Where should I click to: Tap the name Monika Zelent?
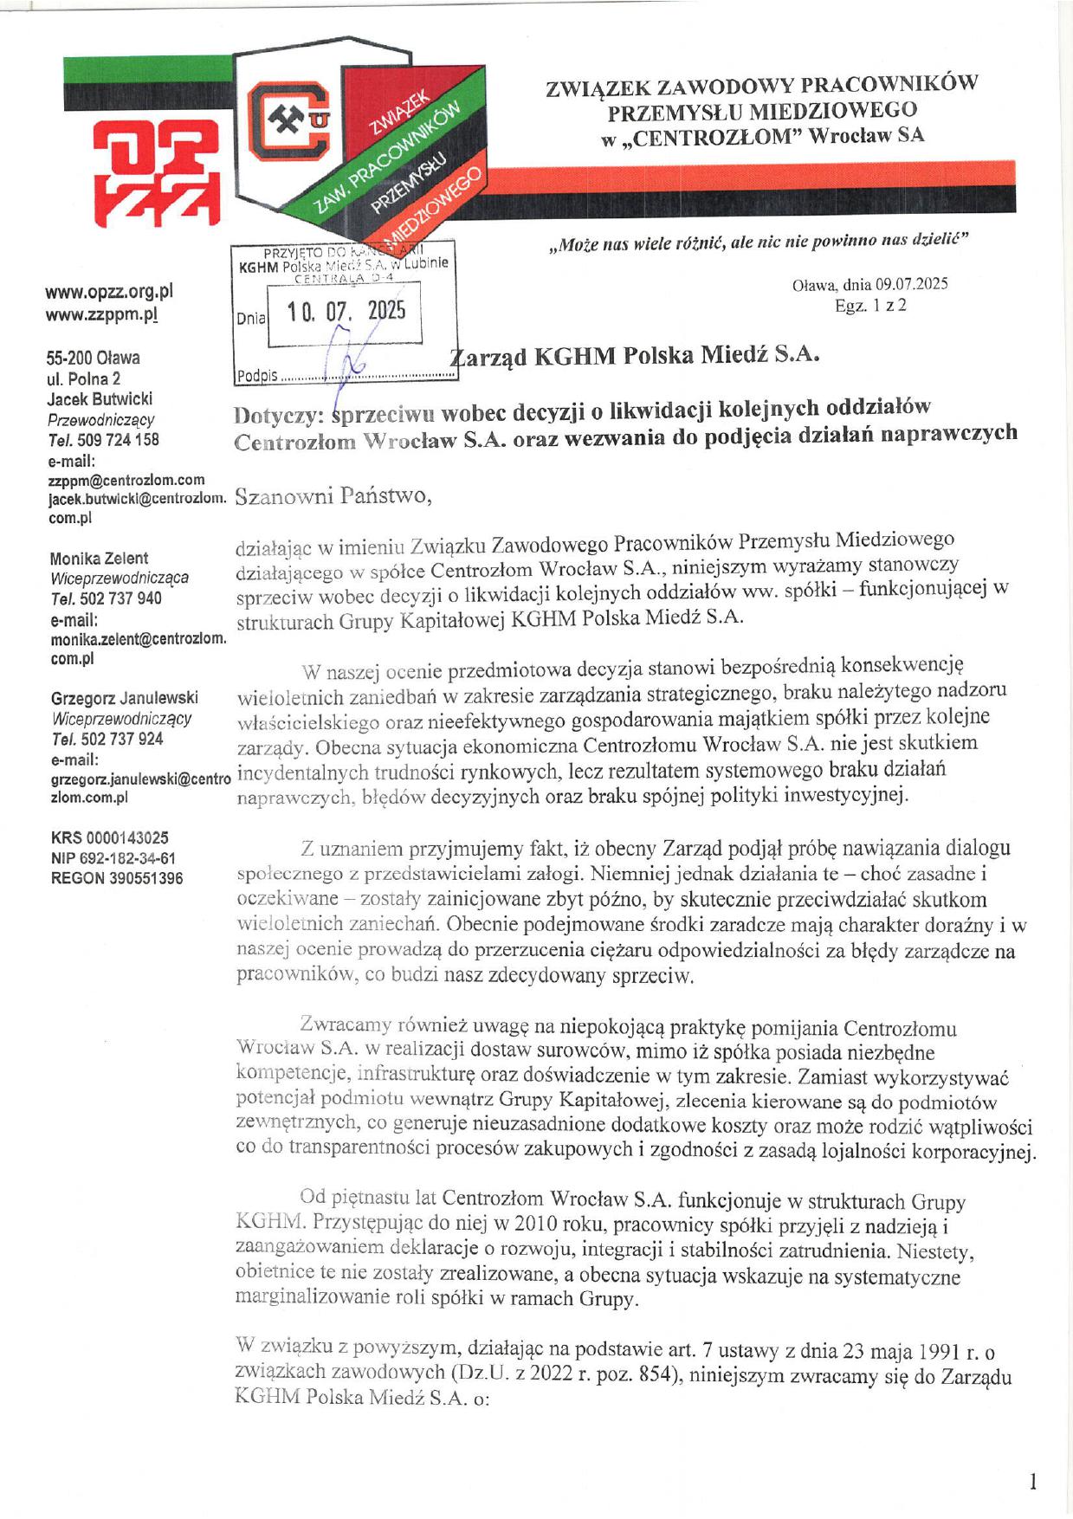pos(99,559)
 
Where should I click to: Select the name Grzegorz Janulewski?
pos(125,698)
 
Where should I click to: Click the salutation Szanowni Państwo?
pos(332,497)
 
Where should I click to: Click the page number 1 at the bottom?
pos(1032,1482)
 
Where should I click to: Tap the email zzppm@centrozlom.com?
pos(126,480)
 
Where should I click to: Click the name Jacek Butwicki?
pos(100,399)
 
